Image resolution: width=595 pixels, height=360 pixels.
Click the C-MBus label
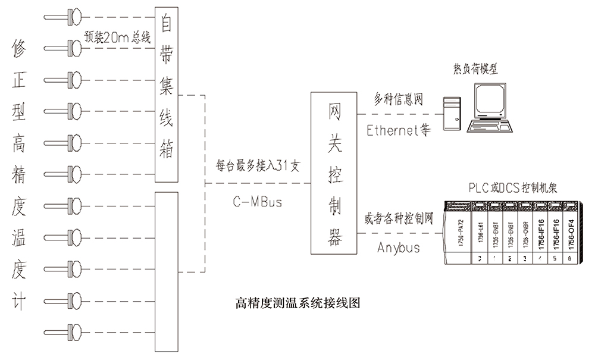(x=257, y=202)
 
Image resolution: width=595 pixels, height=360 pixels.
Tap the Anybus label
(x=398, y=247)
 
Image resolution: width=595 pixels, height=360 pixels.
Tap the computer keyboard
(x=492, y=127)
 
